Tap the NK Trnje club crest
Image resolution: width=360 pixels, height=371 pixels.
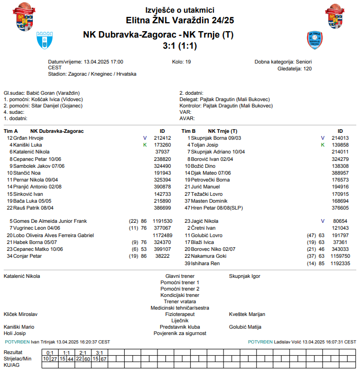pyautogui.click(x=315, y=40)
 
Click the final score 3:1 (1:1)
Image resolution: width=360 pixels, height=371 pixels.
pyautogui.click(x=180, y=46)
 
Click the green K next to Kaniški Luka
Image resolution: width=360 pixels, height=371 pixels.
pyautogui.click(x=144, y=144)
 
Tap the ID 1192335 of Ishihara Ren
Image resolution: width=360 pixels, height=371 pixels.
pyautogui.click(x=340, y=263)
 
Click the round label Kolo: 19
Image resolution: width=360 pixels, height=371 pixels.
pyautogui.click(x=182, y=61)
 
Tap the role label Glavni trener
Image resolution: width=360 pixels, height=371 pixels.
pyautogui.click(x=180, y=276)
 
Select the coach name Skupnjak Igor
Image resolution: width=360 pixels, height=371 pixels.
pyautogui.click(x=244, y=276)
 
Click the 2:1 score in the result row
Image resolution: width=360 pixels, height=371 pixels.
pyautogui.click(x=83, y=352)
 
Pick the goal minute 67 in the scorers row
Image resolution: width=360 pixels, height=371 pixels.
pyautogui.click(x=104, y=359)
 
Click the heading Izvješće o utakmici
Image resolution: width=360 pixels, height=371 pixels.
pyautogui.click(x=180, y=10)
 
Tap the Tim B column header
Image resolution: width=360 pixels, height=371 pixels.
pyautogui.click(x=189, y=131)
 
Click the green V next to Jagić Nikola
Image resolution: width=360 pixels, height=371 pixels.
pyautogui.click(x=322, y=221)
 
